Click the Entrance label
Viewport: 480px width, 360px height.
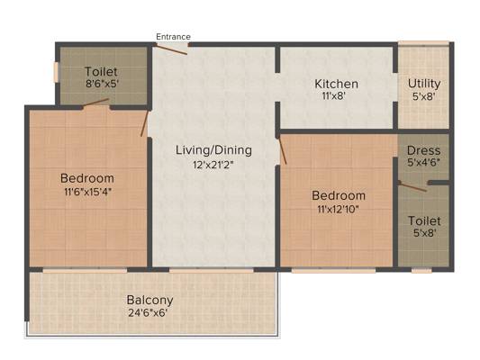point(173,37)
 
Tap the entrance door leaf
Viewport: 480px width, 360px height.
point(172,49)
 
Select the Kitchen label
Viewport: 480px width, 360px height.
point(337,84)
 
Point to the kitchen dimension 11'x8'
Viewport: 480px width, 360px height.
point(334,96)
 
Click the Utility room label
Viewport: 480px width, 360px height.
point(424,83)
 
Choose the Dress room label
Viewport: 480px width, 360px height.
point(423,150)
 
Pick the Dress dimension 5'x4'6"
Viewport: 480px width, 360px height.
point(423,162)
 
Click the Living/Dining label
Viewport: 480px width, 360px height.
point(213,150)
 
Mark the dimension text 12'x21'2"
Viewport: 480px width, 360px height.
point(213,165)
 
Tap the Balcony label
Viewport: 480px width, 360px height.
point(150,301)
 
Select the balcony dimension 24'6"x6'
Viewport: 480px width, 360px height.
point(148,313)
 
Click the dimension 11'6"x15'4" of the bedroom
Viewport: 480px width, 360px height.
point(87,192)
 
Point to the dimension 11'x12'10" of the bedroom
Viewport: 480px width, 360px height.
point(338,210)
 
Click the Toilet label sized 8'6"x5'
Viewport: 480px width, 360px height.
point(101,72)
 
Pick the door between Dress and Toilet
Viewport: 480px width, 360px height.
point(412,186)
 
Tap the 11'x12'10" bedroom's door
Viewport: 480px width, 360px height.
point(281,150)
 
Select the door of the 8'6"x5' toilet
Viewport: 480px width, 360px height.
point(95,103)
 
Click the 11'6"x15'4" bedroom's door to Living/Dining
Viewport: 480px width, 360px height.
point(144,123)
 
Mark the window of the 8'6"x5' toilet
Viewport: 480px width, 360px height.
point(56,72)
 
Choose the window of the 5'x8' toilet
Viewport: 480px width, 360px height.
point(421,270)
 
